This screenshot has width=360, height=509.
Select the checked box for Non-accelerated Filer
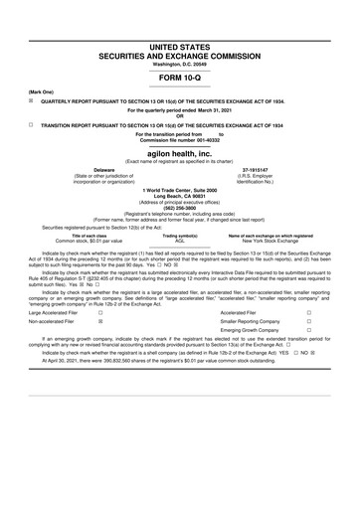(x=100, y=352)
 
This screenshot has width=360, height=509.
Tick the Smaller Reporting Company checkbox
(x=337, y=352)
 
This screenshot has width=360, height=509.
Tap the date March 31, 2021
(x=221, y=108)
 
